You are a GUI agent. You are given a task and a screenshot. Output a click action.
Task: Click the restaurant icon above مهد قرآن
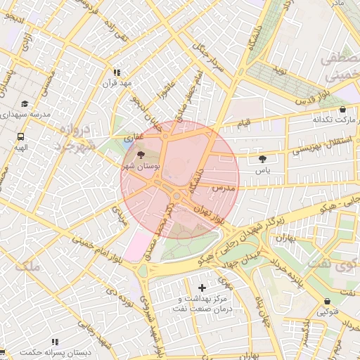[x=117, y=72]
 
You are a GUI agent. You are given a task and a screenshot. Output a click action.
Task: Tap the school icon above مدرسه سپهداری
[x=25, y=103]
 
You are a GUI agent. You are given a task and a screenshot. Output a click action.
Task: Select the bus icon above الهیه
[x=20, y=136]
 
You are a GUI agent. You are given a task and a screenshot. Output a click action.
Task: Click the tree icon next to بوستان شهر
[x=141, y=155]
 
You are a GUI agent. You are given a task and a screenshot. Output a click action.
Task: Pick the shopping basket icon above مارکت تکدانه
[x=342, y=110]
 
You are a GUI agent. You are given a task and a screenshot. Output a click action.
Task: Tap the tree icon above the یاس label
[x=263, y=159]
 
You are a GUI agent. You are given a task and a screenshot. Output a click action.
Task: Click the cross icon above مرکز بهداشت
[x=202, y=288]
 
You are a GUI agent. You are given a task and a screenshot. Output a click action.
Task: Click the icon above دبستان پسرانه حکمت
[x=54, y=342]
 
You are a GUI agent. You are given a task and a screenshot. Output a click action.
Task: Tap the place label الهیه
[x=20, y=148]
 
